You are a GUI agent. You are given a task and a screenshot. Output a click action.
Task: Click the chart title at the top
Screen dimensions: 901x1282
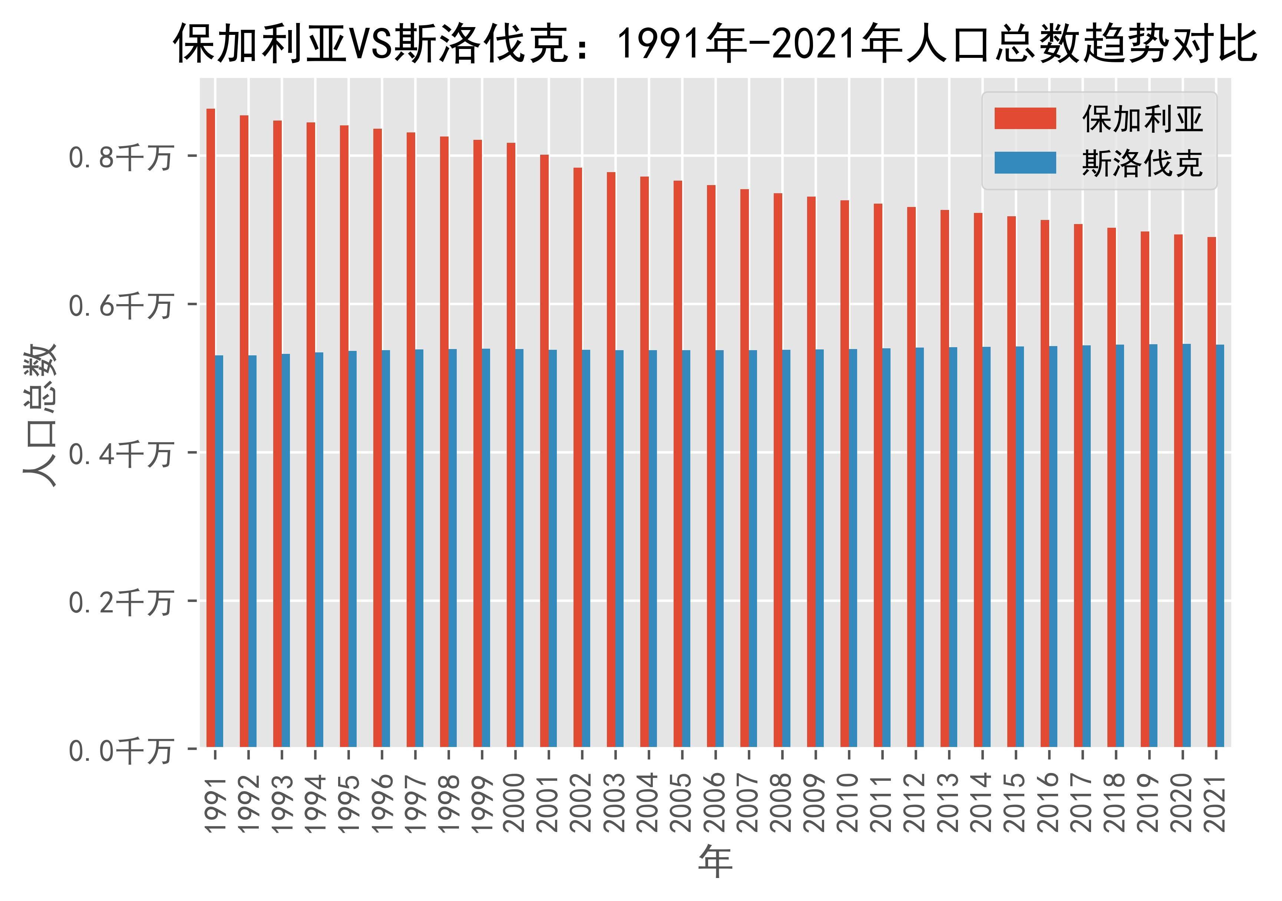point(715,43)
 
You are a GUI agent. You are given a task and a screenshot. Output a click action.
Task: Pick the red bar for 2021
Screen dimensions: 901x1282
point(1211,491)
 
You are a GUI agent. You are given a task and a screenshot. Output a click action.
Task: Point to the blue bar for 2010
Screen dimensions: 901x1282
point(853,547)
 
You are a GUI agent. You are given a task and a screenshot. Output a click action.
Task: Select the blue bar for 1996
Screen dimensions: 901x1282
point(386,548)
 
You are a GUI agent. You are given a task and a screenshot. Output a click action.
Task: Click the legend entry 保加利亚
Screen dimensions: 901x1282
point(1142,119)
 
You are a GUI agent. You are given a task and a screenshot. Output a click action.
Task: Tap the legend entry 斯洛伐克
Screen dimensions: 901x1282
point(1142,163)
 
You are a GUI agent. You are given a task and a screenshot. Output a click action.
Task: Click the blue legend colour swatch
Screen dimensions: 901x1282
point(1025,162)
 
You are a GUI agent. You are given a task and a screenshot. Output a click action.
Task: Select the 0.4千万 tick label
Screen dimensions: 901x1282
point(120,454)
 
